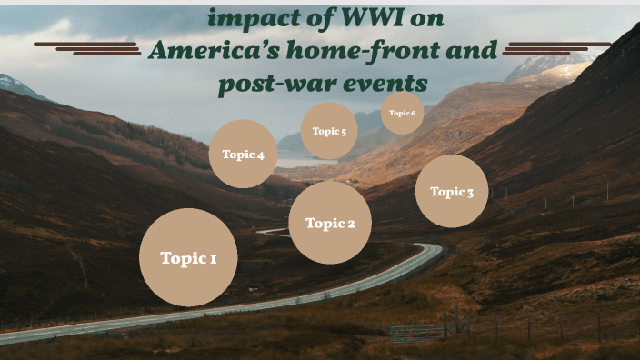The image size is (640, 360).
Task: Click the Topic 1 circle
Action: (x=188, y=257)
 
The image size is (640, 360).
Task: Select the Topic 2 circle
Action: (x=330, y=223)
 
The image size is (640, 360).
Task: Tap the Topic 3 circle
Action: (x=452, y=191)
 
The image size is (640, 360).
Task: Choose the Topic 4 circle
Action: (x=243, y=155)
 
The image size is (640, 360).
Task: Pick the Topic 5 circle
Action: (x=329, y=131)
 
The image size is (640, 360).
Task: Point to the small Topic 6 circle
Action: (x=402, y=113)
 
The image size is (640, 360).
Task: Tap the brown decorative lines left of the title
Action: (x=87, y=47)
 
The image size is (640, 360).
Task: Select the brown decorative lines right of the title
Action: (x=555, y=47)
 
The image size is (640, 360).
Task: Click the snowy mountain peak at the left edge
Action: (x=11, y=84)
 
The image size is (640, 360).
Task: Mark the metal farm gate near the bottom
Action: (x=417, y=333)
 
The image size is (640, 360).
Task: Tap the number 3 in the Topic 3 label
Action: (x=470, y=192)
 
